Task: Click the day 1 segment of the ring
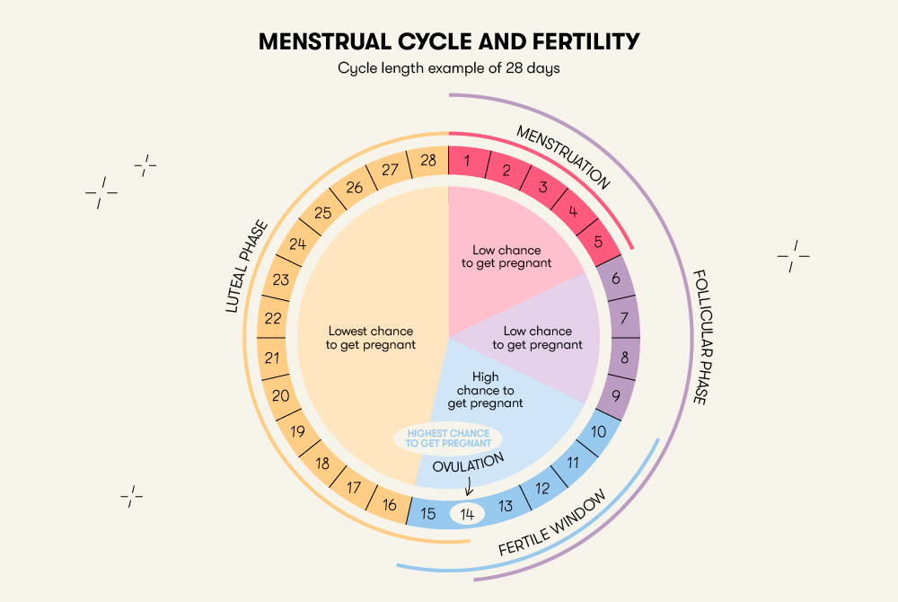(468, 162)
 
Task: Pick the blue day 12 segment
(542, 489)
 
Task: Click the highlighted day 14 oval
(467, 514)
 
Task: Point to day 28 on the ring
(428, 162)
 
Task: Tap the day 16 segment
(389, 505)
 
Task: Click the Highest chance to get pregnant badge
(448, 438)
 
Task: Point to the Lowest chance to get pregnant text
(371, 337)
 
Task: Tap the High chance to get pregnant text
(485, 391)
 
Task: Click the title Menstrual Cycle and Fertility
(449, 42)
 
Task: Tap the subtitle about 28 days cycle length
(449, 69)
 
